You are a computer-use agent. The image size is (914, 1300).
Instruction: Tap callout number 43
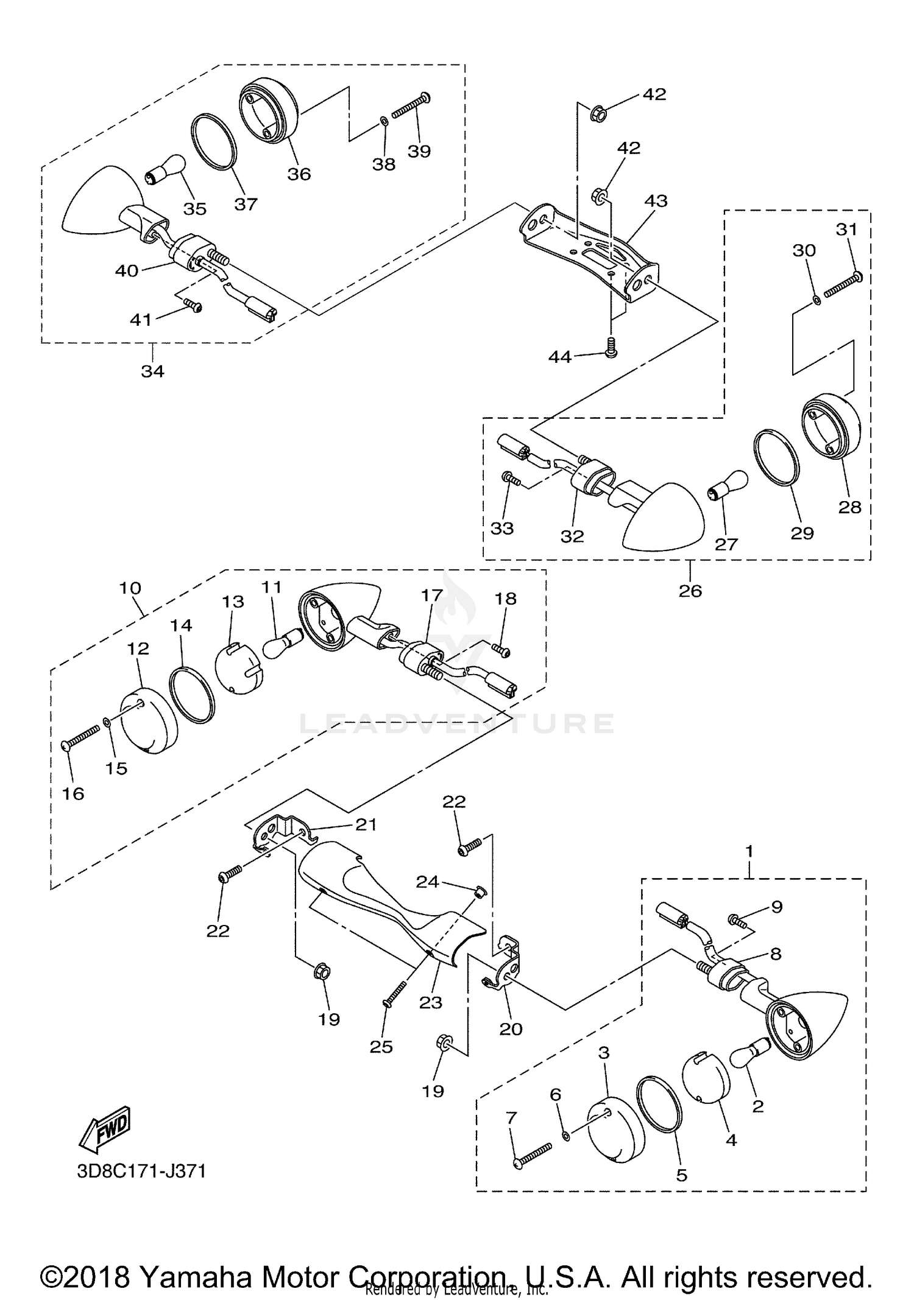(x=656, y=200)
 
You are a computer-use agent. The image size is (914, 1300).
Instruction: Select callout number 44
(x=560, y=357)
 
